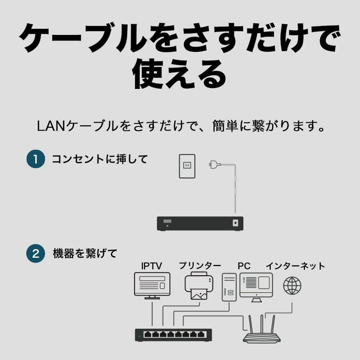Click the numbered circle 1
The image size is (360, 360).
[36, 159]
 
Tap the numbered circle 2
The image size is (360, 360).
[36, 254]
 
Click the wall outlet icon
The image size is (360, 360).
[187, 166]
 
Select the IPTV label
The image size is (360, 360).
[151, 266]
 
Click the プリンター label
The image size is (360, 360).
[200, 266]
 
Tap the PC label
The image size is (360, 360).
[244, 266]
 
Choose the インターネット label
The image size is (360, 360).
[295, 266]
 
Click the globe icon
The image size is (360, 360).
[292, 285]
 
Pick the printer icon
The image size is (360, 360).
[199, 285]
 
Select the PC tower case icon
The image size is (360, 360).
[229, 287]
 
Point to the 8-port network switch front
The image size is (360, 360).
[174, 335]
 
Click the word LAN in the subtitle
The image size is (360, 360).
[51, 126]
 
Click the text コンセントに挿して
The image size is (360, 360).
[100, 159]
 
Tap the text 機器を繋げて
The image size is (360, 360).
[85, 254]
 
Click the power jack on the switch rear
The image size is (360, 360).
[235, 223]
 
